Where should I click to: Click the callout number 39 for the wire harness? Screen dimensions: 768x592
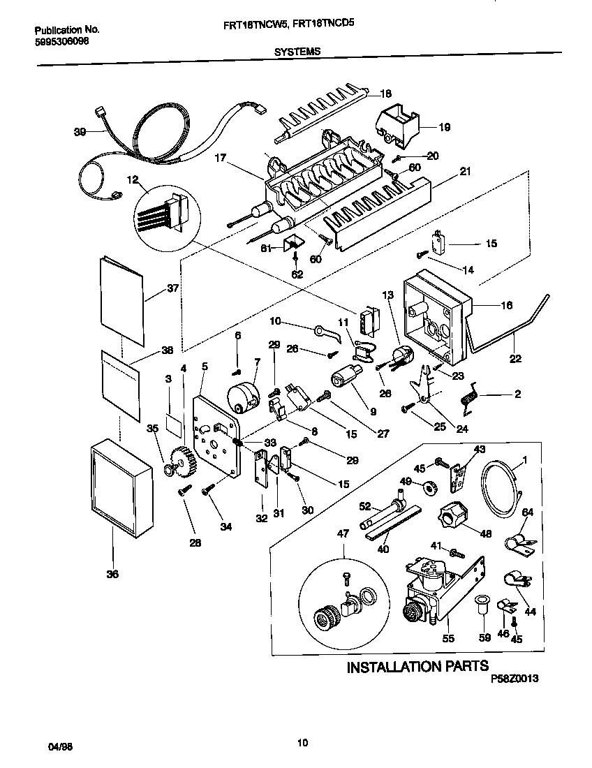(x=80, y=131)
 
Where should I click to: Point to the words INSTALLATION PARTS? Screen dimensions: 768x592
(x=417, y=667)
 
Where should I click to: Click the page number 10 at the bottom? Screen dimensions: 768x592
(x=302, y=742)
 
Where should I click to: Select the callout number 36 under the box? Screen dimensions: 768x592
(x=112, y=574)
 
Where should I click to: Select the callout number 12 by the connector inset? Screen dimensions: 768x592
(x=131, y=179)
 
